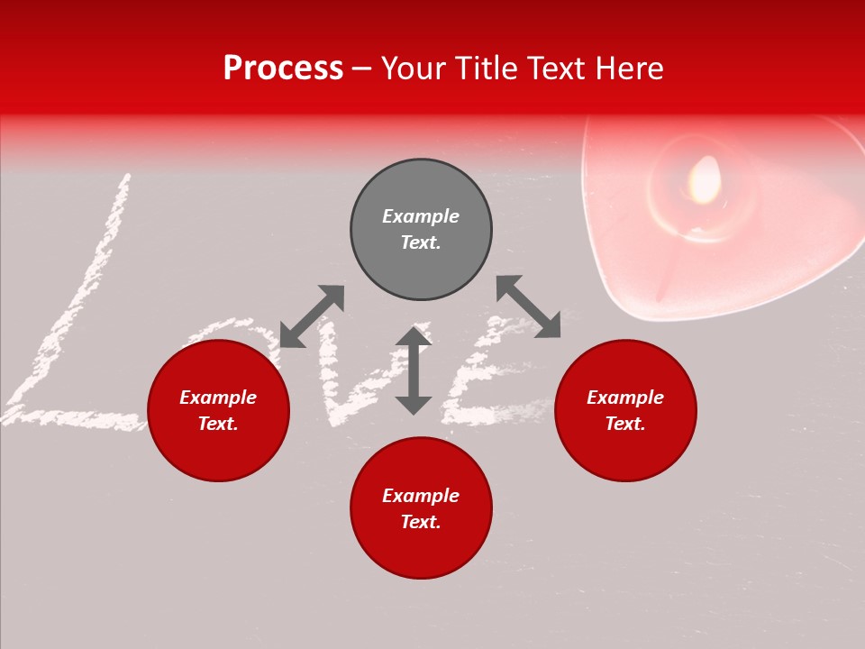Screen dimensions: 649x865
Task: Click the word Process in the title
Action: pos(283,69)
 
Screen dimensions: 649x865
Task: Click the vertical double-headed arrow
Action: pos(414,370)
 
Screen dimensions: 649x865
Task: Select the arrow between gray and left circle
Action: pos(312,316)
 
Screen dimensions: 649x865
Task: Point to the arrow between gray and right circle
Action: pos(528,306)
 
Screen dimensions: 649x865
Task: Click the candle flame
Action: pos(705,178)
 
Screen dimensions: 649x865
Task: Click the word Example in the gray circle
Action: pos(421,216)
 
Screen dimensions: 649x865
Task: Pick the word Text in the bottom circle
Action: pos(421,522)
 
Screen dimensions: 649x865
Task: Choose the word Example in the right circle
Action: pos(625,398)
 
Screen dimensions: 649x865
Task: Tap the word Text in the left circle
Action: pos(218,424)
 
